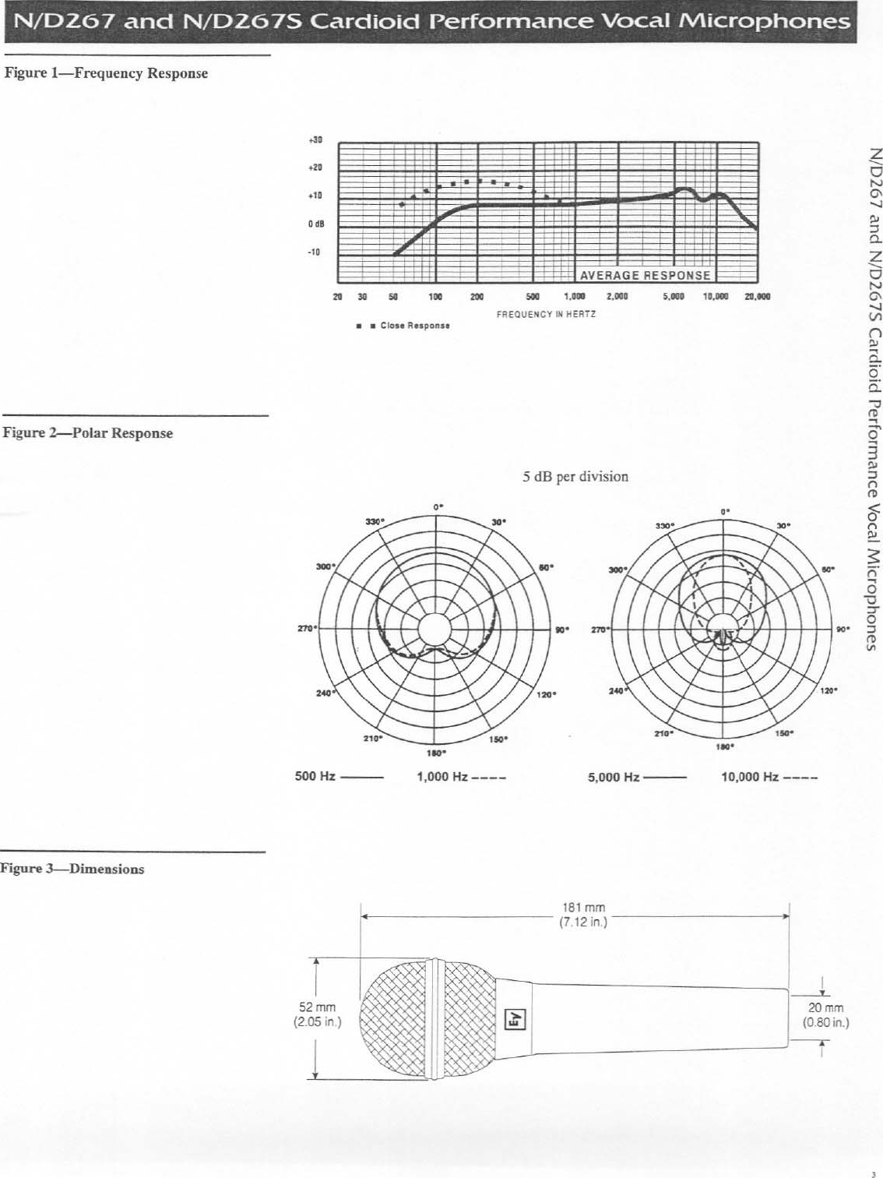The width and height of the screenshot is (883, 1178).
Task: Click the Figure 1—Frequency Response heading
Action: point(107,73)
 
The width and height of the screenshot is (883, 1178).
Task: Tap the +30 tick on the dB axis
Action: point(315,140)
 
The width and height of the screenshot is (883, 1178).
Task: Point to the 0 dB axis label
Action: point(315,224)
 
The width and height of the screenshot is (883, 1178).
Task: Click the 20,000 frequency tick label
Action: point(757,297)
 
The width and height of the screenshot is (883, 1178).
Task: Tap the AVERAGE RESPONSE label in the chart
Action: point(645,275)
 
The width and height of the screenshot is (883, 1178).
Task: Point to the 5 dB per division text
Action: point(575,476)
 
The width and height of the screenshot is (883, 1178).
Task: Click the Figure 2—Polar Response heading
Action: point(89,433)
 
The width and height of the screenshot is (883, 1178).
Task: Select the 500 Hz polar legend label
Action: point(315,777)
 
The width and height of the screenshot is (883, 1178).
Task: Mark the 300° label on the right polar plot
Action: point(617,570)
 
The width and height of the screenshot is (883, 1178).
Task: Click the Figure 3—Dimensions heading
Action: point(73,869)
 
